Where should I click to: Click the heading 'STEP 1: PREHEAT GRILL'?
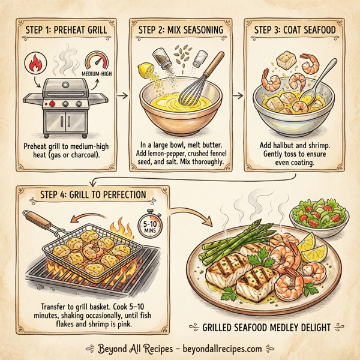tap(65, 31)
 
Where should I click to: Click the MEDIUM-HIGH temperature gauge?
tap(98, 64)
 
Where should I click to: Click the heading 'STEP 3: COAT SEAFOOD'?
tap(293, 31)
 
